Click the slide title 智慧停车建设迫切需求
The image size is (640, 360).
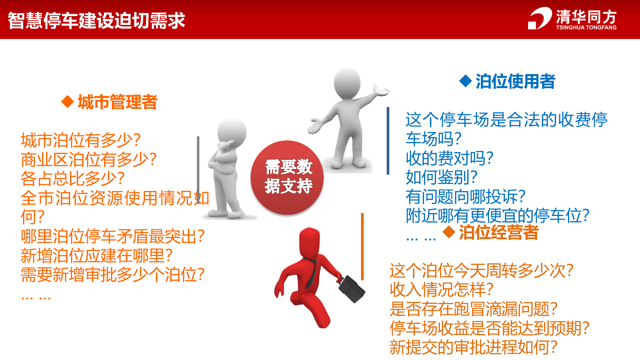coord(96,20)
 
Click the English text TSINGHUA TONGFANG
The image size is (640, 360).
coord(586,28)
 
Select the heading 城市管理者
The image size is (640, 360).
coord(117,102)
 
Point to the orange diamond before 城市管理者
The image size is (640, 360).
coord(68,102)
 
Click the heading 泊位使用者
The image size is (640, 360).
coord(515,81)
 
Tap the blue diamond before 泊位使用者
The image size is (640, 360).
coord(465,81)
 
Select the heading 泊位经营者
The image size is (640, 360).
coord(499,232)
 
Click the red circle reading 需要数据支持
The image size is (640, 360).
coord(287,177)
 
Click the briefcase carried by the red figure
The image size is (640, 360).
coord(352,289)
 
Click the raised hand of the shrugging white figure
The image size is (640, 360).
coord(382,91)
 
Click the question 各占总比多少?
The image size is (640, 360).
coord(73,179)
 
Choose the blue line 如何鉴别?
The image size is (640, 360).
coord(442,177)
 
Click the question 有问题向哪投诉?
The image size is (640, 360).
coord(465,197)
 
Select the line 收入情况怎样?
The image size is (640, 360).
coord(441,289)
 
